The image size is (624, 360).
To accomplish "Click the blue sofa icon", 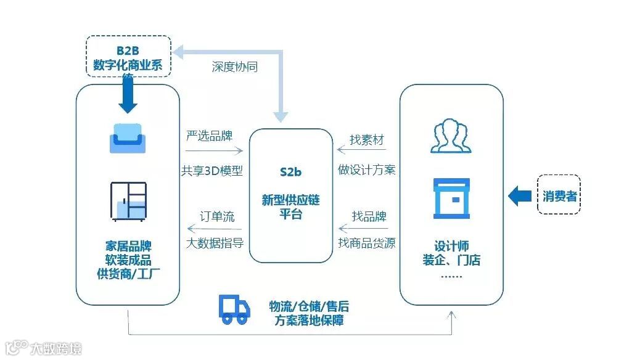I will click(128, 138).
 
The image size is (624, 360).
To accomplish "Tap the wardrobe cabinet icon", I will click(128, 202).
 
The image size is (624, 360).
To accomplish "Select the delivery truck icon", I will click(234, 309).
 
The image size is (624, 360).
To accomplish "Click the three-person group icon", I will click(451, 137).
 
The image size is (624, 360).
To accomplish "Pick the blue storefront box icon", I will click(451, 198).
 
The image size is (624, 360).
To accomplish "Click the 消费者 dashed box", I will click(559, 197).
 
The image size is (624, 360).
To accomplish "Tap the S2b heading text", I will click(290, 172).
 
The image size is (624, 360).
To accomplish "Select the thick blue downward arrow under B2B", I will click(128, 96).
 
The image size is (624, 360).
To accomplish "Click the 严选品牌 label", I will click(210, 136).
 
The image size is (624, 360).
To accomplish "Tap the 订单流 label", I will click(217, 217).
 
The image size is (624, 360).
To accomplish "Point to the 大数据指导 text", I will click(215, 243).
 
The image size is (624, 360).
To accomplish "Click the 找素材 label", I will click(366, 140).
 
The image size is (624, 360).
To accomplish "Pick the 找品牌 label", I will click(369, 217).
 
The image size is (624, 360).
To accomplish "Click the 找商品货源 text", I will click(366, 243).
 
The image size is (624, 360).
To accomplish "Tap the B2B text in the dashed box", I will click(128, 51).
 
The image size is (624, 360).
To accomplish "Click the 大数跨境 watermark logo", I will click(43, 349).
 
